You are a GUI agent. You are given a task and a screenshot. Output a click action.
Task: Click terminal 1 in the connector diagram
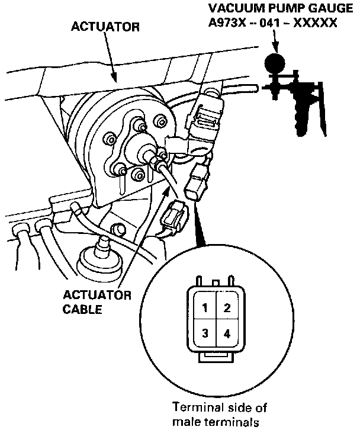pos(204,308)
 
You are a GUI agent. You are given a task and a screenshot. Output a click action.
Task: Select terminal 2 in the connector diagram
pos(227,308)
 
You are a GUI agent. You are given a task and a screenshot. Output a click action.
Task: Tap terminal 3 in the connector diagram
pos(204,333)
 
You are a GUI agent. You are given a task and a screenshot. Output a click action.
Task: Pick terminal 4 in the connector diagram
pos(227,333)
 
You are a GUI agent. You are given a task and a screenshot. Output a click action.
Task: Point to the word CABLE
pos(81,309)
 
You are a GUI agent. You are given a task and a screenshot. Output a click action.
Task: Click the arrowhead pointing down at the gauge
pos(274,44)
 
